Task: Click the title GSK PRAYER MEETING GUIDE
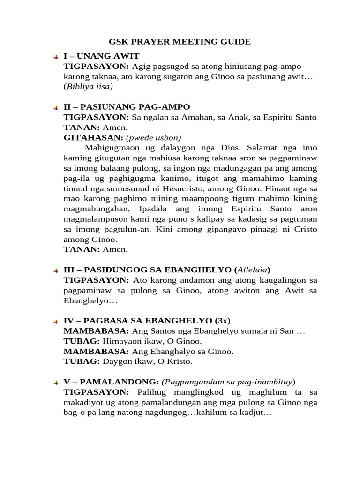click(180, 42)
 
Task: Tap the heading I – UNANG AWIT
click(101, 56)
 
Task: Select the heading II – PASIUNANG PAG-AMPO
click(127, 107)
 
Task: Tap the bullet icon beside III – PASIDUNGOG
click(56, 270)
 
